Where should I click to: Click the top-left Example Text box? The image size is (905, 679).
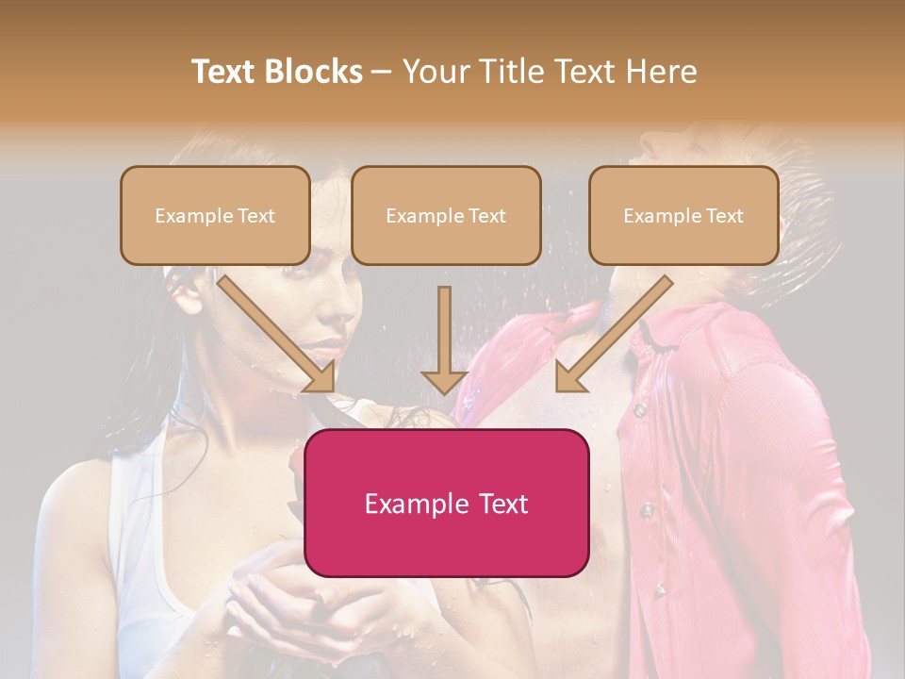215,215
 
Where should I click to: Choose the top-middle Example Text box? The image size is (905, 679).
446,215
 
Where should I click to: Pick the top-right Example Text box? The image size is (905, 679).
683,215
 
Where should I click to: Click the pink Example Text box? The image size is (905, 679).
446,503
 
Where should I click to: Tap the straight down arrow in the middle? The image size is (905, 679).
444,343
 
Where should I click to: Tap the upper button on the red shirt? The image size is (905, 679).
640,410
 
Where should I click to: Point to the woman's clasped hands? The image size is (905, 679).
283,604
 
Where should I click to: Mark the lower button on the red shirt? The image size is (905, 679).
648,510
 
